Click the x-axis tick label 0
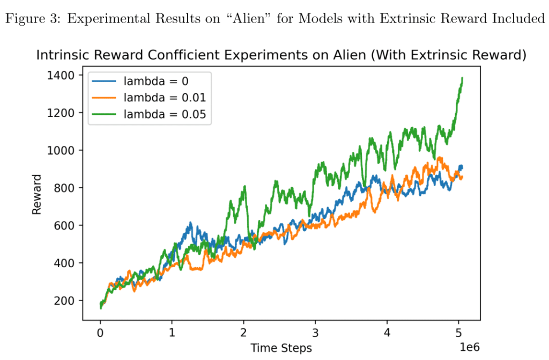pos(100,332)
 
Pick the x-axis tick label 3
pos(316,332)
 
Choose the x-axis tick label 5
pos(459,332)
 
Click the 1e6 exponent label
pos(469,348)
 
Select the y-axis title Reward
pos(36,194)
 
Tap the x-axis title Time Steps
pos(281,348)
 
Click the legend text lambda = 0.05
pos(164,114)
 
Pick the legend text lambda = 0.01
pos(164,98)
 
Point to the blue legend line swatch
pos(104,82)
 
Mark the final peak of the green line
pos(462,78)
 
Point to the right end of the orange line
pos(463,178)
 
